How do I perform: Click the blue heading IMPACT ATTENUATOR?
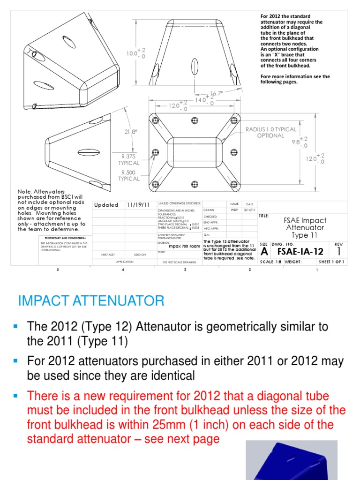91,300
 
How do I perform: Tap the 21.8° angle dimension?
131,132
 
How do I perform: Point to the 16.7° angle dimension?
216,94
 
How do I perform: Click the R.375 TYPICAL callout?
129,160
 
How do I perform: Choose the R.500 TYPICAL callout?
129,175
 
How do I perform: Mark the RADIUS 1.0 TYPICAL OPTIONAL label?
271,132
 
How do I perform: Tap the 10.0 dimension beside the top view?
133,53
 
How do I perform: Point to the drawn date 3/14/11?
249,210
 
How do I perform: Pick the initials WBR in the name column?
234,210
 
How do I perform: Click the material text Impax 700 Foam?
183,245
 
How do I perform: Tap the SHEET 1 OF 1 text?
331,262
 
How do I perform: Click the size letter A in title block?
264,252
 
